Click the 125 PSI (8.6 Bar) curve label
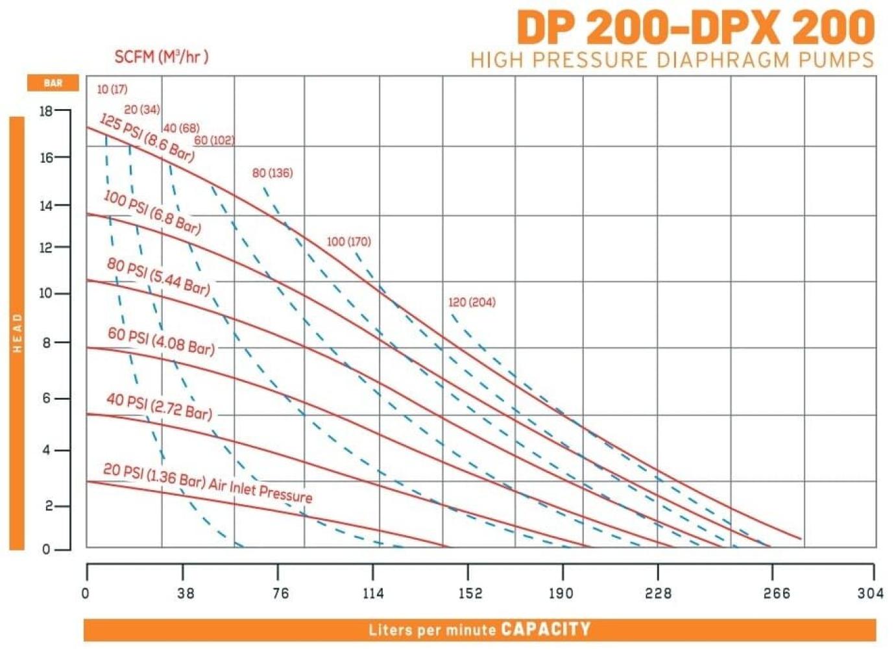147,138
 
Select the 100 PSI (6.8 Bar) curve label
152,212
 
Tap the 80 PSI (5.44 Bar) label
158,276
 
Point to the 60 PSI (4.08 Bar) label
161,341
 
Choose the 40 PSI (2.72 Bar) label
159,406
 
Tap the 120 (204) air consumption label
472,302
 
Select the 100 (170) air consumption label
349,241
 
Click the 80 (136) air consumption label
272,173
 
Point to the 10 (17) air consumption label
112,89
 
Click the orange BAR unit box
53,83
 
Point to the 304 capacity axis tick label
871,593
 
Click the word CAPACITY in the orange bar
546,629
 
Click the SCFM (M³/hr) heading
161,57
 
